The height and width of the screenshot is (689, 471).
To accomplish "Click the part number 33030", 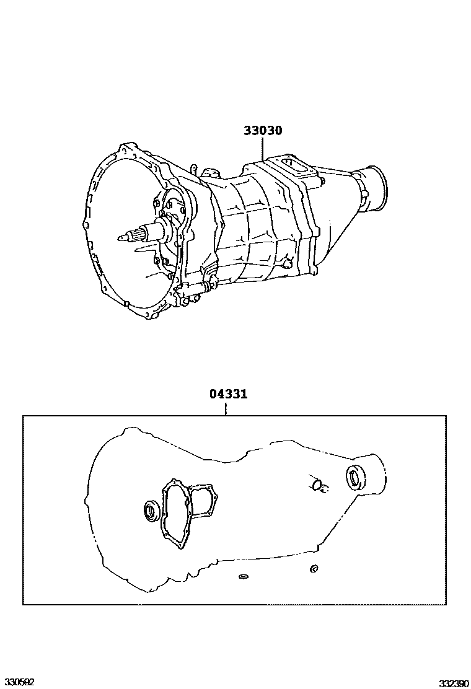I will pyautogui.click(x=263, y=131).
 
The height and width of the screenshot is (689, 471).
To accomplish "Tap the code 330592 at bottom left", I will pyautogui.click(x=17, y=682).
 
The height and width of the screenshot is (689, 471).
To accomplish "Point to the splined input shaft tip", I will pyautogui.click(x=125, y=236).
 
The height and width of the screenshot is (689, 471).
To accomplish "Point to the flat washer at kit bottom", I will pyautogui.click(x=243, y=578).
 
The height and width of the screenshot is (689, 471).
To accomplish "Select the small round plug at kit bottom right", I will pyautogui.click(x=314, y=568).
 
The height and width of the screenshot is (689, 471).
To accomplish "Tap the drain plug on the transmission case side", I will pyautogui.click(x=285, y=263).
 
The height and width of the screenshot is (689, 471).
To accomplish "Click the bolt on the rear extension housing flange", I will pyautogui.click(x=323, y=182).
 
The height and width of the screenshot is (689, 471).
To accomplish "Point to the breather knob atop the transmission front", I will pyautogui.click(x=194, y=169).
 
